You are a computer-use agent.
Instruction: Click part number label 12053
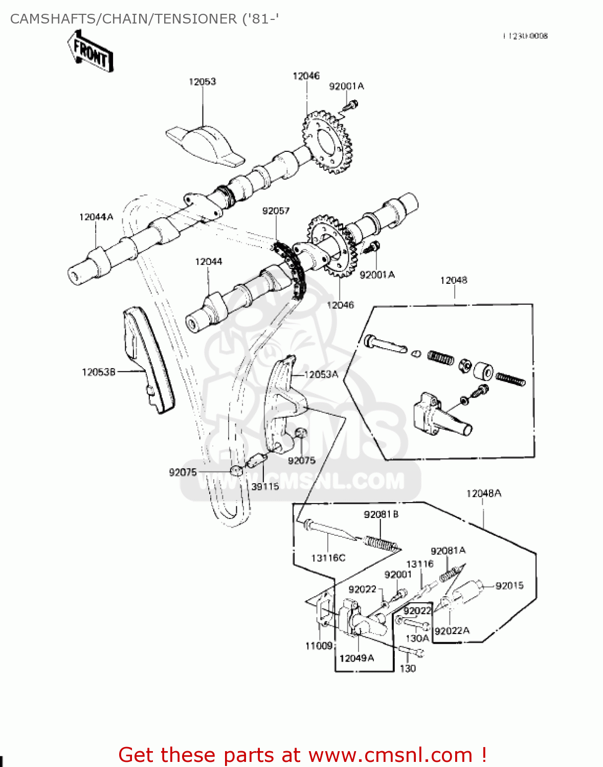[x=203, y=82]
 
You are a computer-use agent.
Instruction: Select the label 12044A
[x=96, y=217]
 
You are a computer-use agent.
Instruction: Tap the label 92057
[x=276, y=211]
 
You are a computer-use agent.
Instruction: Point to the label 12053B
[x=98, y=372]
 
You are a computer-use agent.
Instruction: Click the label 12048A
[x=483, y=493]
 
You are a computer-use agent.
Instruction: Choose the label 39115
[x=265, y=486]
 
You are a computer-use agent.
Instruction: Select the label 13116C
[x=328, y=558]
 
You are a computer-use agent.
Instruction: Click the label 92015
[x=509, y=585]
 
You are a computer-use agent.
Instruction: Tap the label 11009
[x=319, y=646]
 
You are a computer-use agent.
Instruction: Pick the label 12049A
[x=356, y=658]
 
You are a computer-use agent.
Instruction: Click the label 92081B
[x=381, y=514]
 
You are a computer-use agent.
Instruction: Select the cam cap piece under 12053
[x=205, y=143]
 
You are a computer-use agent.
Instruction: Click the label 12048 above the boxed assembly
[x=454, y=280]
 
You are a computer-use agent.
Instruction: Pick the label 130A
[x=417, y=638]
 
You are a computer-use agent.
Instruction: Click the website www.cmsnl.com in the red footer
[x=390, y=755]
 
